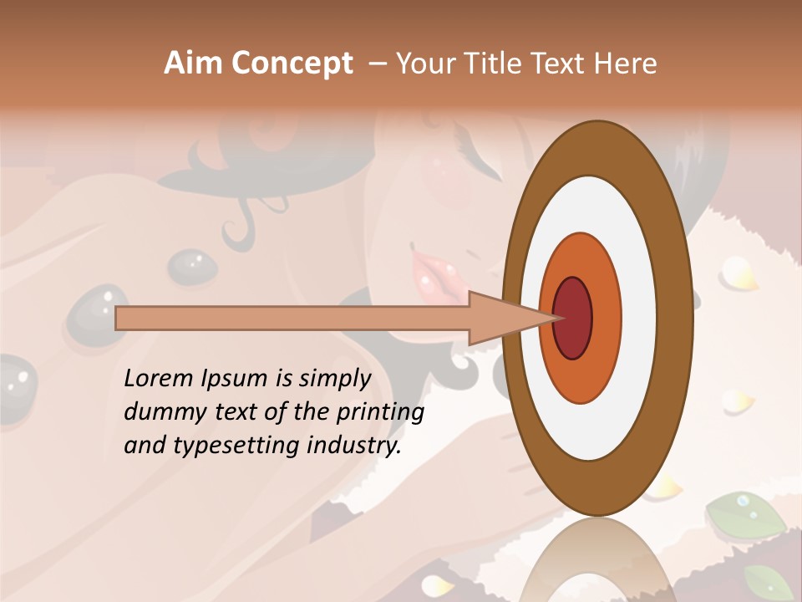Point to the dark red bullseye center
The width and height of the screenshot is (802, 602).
573,318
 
